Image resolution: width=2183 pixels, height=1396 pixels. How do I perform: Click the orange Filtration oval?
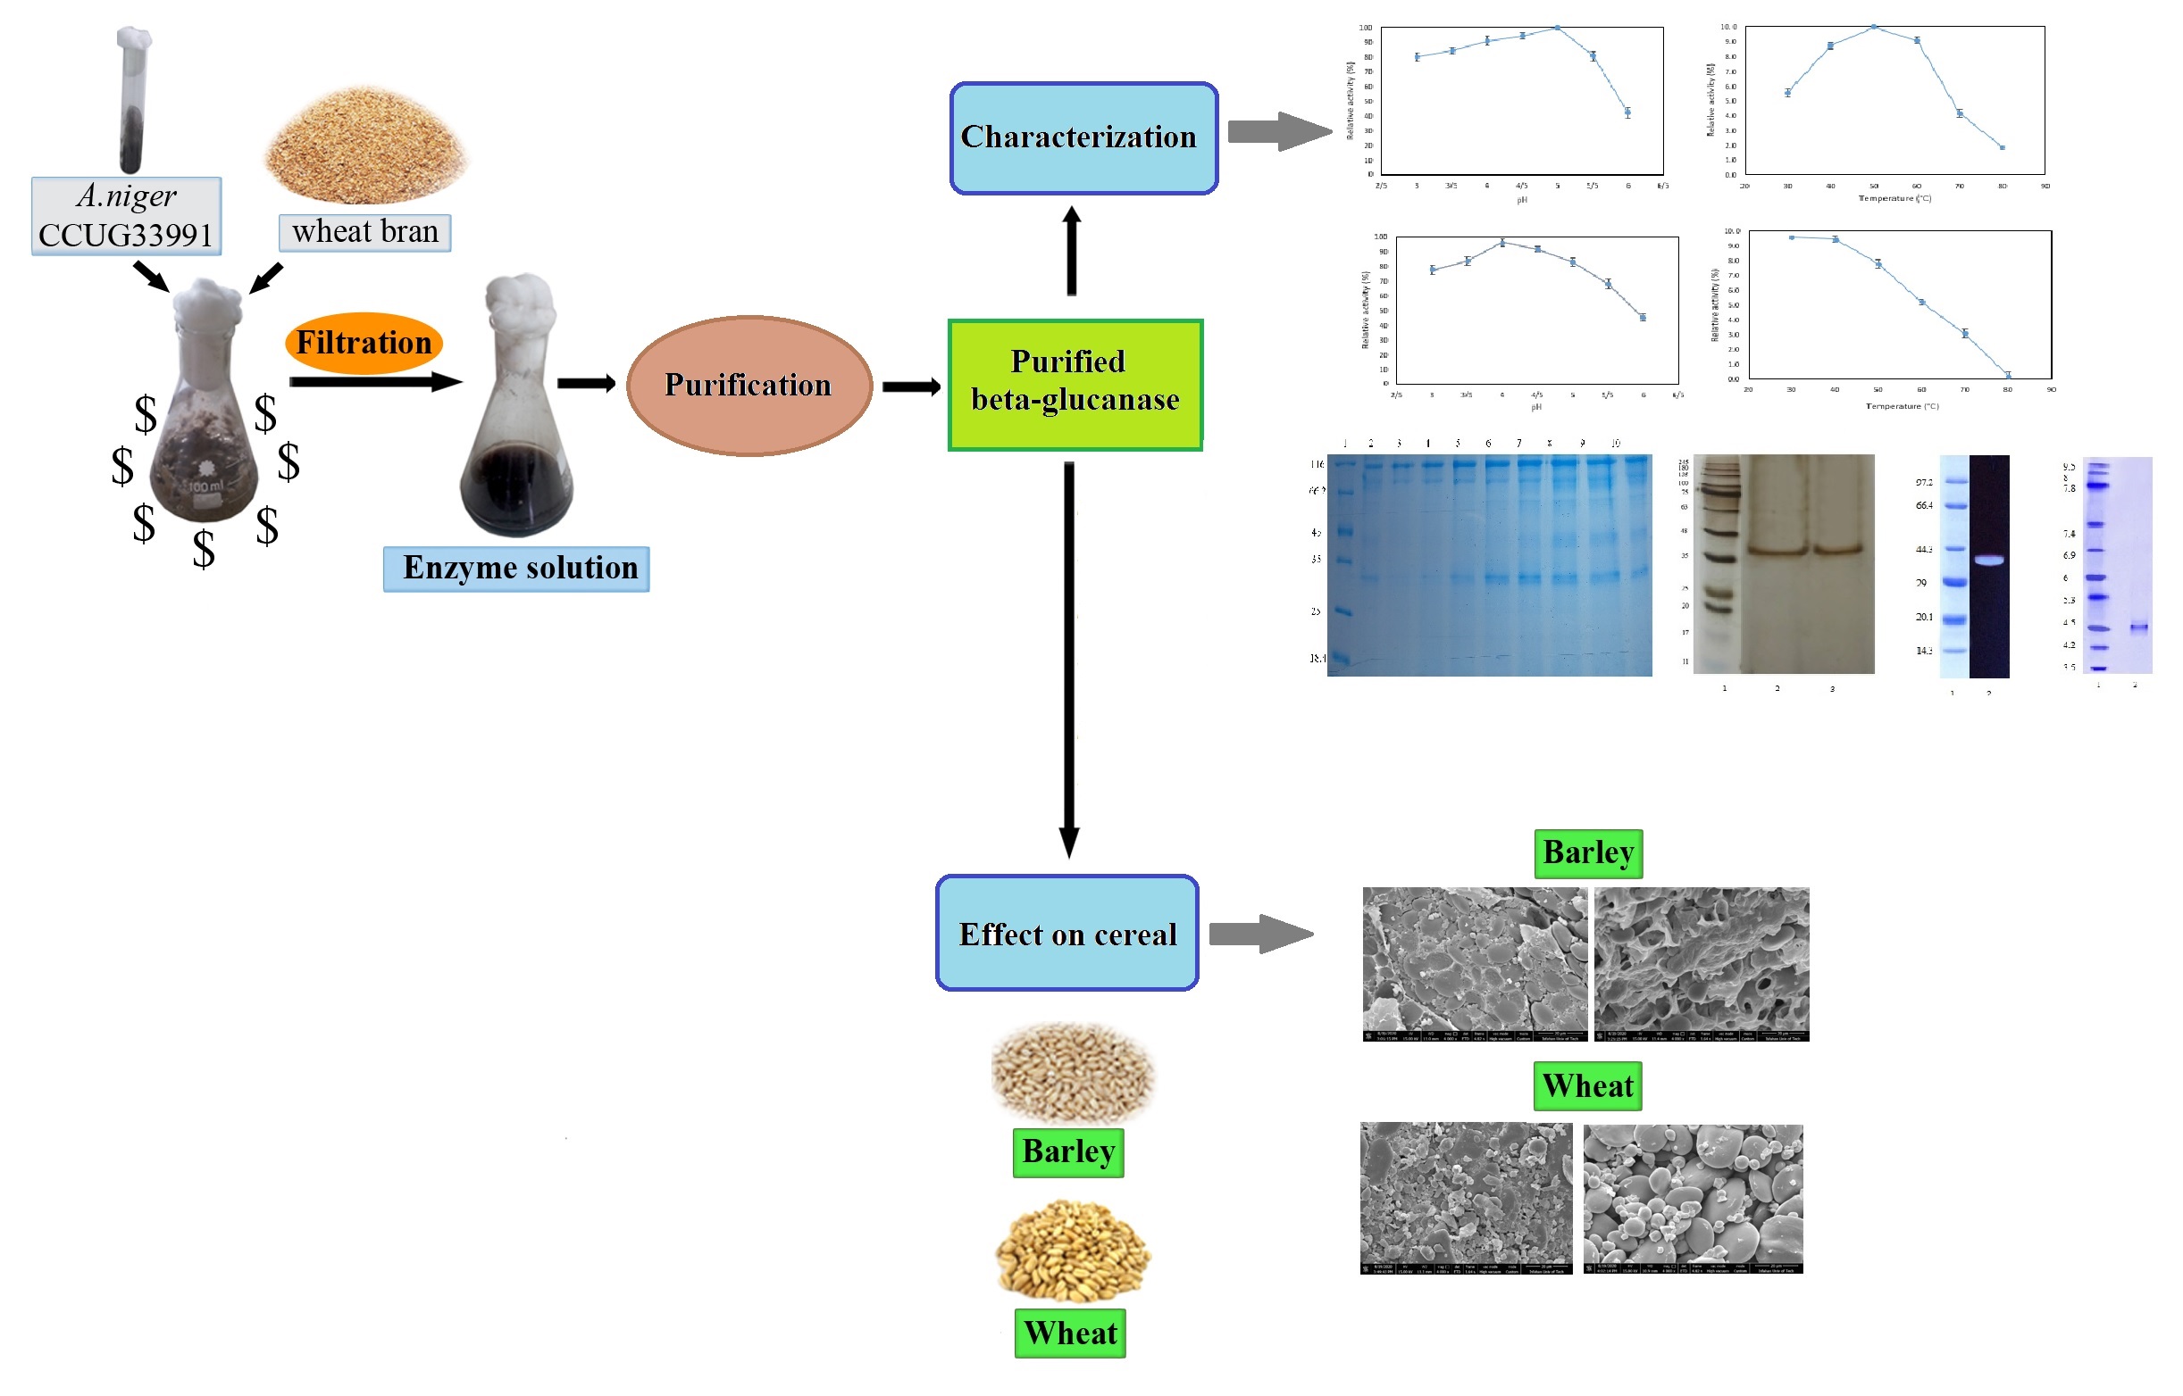tap(364, 343)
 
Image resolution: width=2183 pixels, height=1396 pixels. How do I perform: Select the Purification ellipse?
tap(749, 385)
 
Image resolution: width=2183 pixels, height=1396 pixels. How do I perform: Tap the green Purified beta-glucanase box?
tap(1075, 384)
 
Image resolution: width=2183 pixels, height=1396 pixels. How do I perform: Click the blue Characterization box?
tap(1083, 137)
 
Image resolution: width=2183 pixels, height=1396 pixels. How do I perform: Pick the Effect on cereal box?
tap(1066, 933)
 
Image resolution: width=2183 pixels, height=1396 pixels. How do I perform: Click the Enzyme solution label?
tap(515, 569)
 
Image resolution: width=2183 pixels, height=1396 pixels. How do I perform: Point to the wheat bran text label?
tap(364, 232)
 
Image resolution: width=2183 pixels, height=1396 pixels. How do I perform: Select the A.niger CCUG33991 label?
tap(126, 216)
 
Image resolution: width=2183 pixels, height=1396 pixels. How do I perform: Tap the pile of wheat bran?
tap(365, 145)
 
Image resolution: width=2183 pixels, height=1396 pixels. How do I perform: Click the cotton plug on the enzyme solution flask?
tap(519, 303)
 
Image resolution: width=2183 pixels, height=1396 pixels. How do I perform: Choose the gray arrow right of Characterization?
tap(1278, 131)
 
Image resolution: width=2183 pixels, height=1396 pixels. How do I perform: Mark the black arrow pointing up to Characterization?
tap(1071, 250)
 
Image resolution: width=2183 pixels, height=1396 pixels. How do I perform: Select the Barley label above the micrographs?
tap(1587, 853)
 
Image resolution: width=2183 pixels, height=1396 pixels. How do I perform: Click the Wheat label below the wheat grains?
tap(1069, 1333)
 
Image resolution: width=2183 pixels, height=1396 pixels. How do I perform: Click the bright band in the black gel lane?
tap(1988, 561)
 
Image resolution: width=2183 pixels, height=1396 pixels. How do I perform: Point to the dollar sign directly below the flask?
tap(204, 548)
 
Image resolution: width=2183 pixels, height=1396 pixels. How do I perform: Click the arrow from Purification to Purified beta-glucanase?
tap(910, 387)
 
